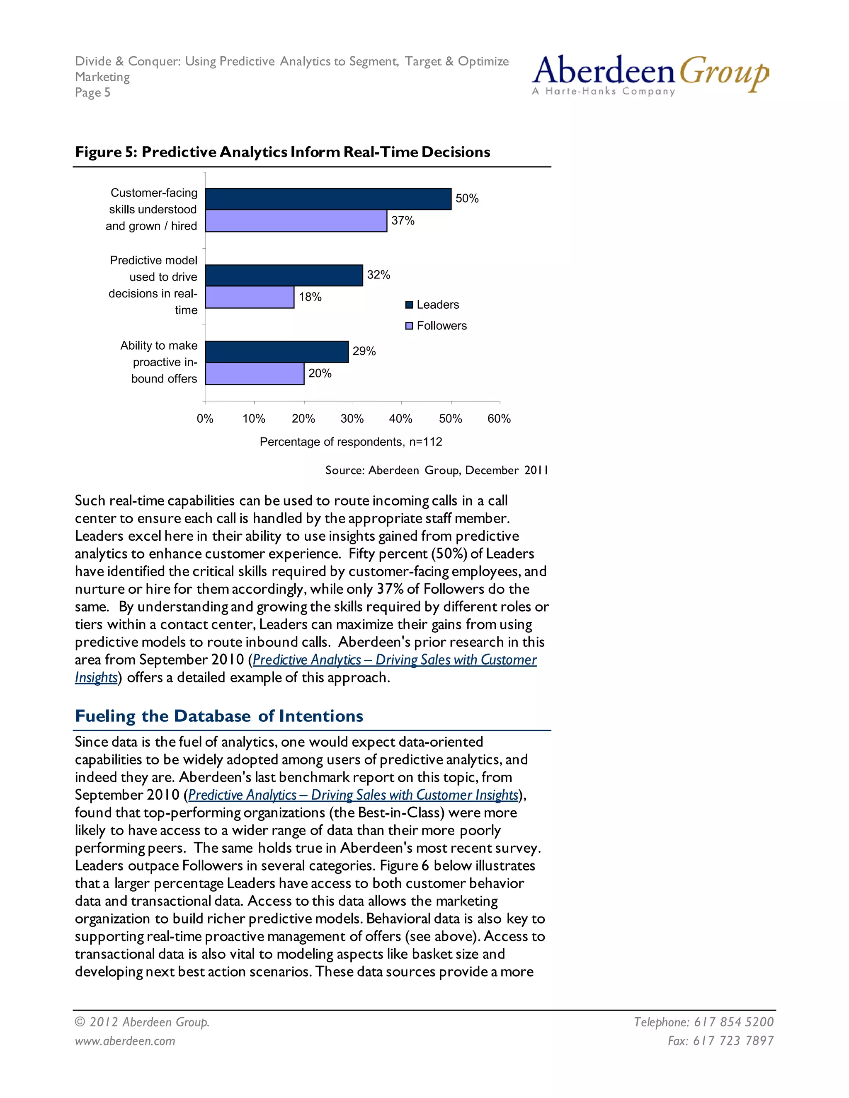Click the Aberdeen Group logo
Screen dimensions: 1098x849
click(x=650, y=75)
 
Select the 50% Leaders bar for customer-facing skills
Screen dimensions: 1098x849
click(x=328, y=199)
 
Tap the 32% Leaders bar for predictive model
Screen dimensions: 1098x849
click(x=284, y=276)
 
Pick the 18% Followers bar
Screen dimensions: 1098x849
click(x=250, y=297)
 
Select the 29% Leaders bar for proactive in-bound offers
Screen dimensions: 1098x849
click(x=277, y=352)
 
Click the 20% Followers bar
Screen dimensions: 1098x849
click(x=255, y=374)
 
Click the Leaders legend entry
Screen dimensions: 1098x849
click(x=432, y=305)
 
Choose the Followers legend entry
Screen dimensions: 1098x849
click(x=436, y=326)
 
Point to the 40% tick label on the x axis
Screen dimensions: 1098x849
click(x=401, y=419)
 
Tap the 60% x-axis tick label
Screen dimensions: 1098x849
click(x=499, y=419)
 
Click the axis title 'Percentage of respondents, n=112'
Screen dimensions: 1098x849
click(x=351, y=442)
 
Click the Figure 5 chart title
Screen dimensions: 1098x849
click(x=282, y=152)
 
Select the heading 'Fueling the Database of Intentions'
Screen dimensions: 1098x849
click(x=219, y=716)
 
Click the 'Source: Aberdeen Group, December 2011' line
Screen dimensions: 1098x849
click(x=436, y=470)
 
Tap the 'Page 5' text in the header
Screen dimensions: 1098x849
click(x=92, y=92)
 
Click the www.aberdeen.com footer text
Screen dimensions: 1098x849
click(x=125, y=1041)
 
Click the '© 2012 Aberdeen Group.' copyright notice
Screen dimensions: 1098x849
click(x=142, y=1022)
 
